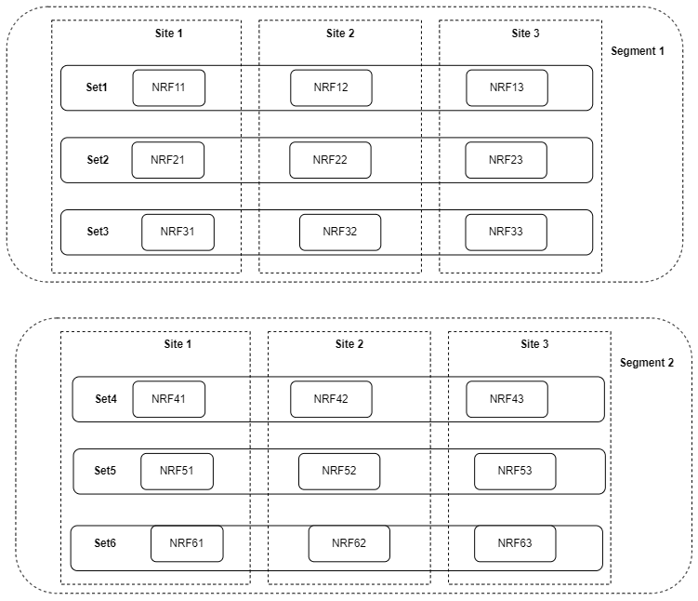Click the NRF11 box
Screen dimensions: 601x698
(168, 87)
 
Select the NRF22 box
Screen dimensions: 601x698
(330, 160)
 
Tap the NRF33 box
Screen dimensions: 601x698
(506, 232)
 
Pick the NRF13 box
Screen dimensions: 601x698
(507, 87)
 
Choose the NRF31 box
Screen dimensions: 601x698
(178, 232)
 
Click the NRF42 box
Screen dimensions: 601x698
(331, 399)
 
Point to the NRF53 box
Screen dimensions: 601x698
(515, 471)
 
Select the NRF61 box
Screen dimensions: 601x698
(187, 543)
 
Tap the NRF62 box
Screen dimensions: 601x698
(349, 543)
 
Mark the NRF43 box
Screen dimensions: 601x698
(507, 399)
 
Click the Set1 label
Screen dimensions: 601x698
(98, 87)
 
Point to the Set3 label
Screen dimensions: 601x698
(98, 232)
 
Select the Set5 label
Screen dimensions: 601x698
(106, 471)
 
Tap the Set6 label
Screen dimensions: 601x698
(106, 542)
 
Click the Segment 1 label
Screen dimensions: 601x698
(638, 51)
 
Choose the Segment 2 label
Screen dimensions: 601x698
(647, 363)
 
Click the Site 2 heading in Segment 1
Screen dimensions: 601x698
(339, 33)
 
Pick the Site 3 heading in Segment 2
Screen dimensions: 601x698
(534, 344)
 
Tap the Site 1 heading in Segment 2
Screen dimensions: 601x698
(177, 344)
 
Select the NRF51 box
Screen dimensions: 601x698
(177, 471)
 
